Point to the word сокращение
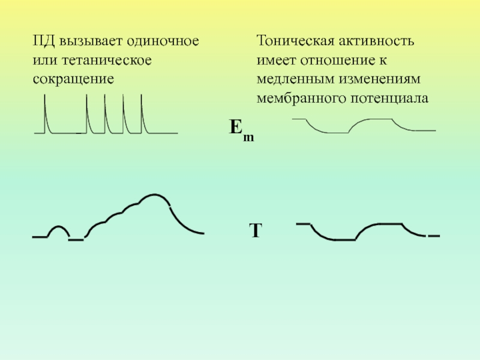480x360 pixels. [x=73, y=79]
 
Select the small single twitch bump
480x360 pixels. [x=58, y=227]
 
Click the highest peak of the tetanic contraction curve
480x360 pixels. [x=154, y=195]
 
